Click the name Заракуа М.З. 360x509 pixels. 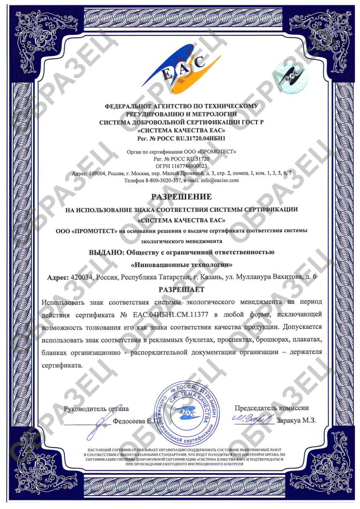point(296,420)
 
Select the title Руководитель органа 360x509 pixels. point(97,408)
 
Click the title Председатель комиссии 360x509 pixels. point(271,408)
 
